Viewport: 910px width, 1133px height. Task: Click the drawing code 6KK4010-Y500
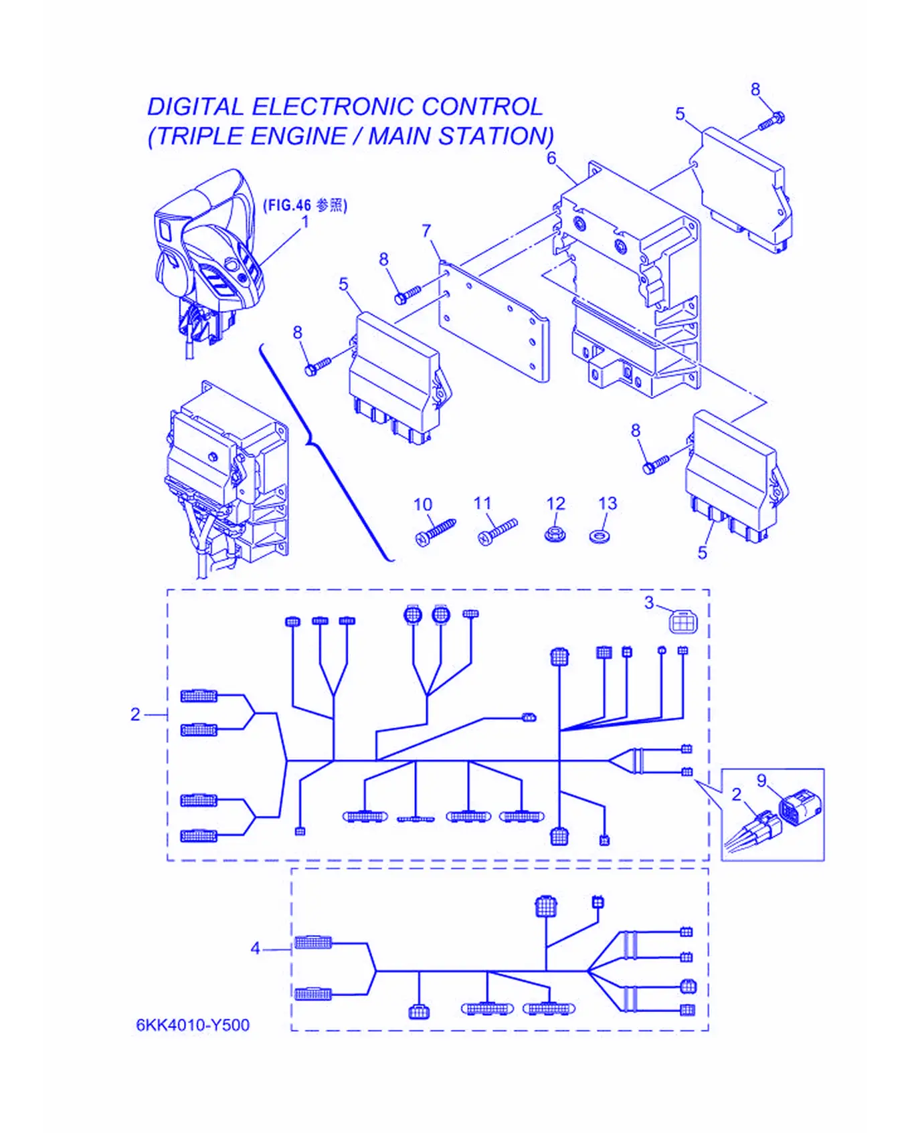coord(193,1025)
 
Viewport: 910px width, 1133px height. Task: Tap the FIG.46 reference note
coord(305,205)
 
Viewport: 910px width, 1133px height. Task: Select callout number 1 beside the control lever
coord(305,221)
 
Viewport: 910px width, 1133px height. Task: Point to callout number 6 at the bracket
coord(551,159)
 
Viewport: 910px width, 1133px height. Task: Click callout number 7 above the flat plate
coord(427,231)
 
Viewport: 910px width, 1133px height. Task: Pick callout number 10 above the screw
coord(423,504)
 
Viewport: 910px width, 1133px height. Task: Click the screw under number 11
coord(498,532)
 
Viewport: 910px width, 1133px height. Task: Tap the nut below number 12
coord(553,534)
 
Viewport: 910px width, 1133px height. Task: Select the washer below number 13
coord(601,536)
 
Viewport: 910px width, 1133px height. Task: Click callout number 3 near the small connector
coord(649,603)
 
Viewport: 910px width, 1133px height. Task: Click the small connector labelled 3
coord(683,622)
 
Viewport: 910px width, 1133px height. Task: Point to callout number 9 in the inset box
coord(761,781)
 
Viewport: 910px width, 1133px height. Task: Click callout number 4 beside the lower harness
coord(255,948)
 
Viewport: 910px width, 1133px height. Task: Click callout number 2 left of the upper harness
coord(135,714)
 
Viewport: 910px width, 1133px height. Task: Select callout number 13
coord(607,503)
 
